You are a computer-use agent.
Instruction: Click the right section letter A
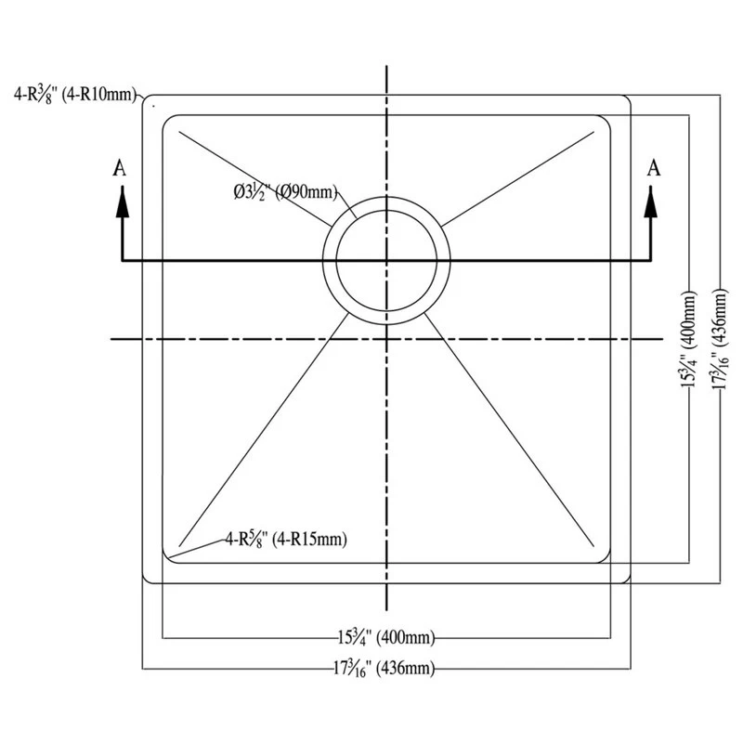654,167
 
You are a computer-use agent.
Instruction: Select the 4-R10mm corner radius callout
75,93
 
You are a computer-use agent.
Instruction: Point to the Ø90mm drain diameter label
284,193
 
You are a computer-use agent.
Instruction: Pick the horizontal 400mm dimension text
386,637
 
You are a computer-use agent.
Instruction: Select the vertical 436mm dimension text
721,339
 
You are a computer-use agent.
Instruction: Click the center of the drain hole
386,260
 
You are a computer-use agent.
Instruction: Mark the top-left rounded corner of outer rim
147,99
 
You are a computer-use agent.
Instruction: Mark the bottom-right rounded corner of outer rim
626,579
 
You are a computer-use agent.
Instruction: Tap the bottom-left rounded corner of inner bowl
168,555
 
